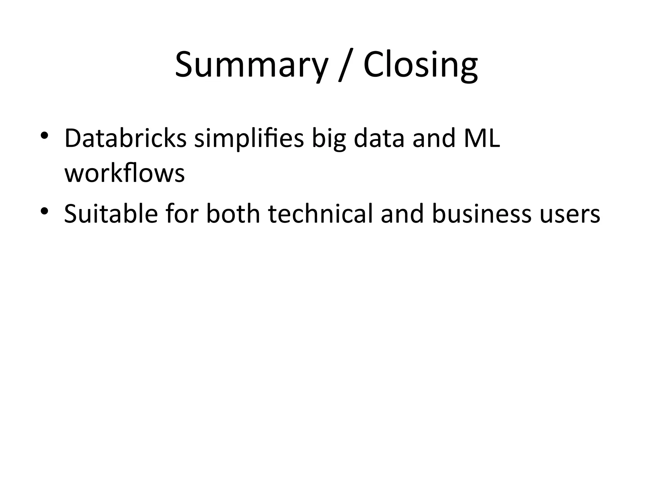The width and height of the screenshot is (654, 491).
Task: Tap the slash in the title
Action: pyautogui.click(x=345, y=65)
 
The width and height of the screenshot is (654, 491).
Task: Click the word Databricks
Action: pyautogui.click(x=125, y=138)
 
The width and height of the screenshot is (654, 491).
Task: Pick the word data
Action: pyautogui.click(x=379, y=138)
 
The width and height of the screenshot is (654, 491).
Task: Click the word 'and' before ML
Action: pyautogui.click(x=434, y=138)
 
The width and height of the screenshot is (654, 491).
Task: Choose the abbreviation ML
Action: pyautogui.click(x=482, y=138)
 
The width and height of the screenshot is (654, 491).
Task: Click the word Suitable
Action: pyautogui.click(x=111, y=213)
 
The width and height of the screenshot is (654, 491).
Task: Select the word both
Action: pyautogui.click(x=233, y=213)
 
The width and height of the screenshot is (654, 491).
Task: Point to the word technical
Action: pyautogui.click(x=320, y=213)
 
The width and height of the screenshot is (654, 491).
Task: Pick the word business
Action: pyautogui.click(x=482, y=213)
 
